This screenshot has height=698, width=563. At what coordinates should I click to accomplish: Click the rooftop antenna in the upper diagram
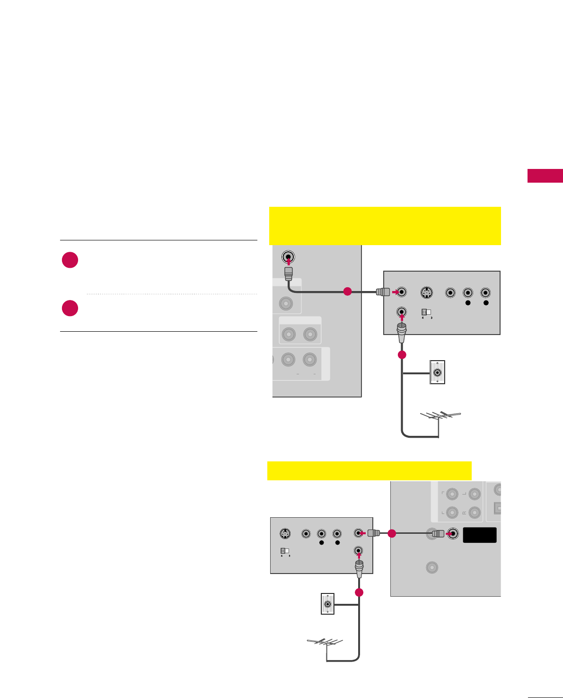coord(440,416)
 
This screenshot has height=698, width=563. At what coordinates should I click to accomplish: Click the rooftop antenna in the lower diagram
coord(325,643)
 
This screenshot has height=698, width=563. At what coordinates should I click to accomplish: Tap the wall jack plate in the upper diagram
coord(437,372)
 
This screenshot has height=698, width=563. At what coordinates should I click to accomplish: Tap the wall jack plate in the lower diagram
coord(327,604)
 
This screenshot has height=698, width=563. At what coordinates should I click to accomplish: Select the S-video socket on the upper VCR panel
coord(426,292)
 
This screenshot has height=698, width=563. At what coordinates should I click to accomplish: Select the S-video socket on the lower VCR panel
coord(284,534)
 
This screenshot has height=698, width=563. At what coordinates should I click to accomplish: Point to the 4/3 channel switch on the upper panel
coord(426,312)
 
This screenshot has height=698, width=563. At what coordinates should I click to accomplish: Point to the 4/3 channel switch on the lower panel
coord(284,551)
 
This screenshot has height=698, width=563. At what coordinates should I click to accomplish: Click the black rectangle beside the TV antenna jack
coord(480,535)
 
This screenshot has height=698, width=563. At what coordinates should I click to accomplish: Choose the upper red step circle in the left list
coord(70,260)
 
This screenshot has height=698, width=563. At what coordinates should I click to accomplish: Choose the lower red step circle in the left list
coord(70,308)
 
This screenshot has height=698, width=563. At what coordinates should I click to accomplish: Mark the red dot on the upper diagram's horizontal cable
coord(347,292)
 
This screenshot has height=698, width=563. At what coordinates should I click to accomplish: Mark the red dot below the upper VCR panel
coord(402,355)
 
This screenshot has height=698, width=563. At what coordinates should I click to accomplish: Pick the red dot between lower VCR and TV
coord(391,534)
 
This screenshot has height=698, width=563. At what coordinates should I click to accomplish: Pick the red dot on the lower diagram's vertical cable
coord(359,592)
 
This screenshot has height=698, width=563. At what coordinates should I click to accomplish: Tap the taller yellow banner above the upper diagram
coord(385,225)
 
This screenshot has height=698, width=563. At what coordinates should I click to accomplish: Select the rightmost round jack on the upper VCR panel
coord(485,292)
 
